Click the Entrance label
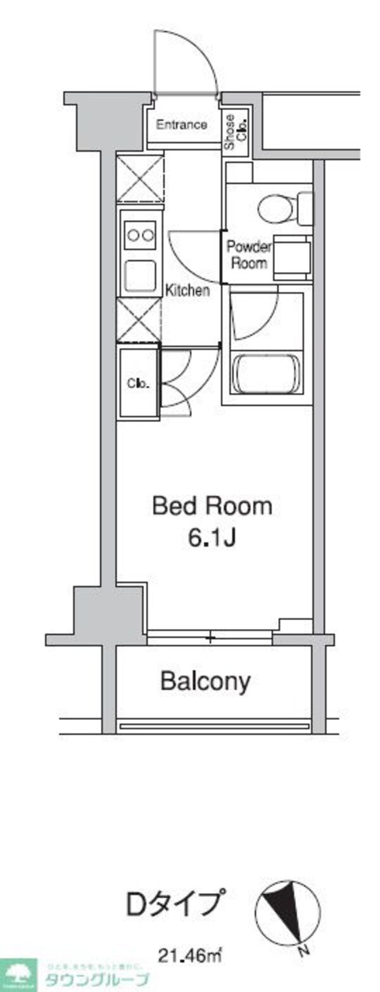click(181, 125)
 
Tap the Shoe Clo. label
click(235, 132)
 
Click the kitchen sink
click(141, 275)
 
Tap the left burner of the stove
click(133, 236)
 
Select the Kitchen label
click(187, 291)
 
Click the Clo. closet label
click(137, 383)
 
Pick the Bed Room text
click(212, 506)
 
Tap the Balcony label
click(205, 681)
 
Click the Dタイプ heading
click(176, 903)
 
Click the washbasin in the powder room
click(292, 258)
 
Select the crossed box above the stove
click(140, 178)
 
